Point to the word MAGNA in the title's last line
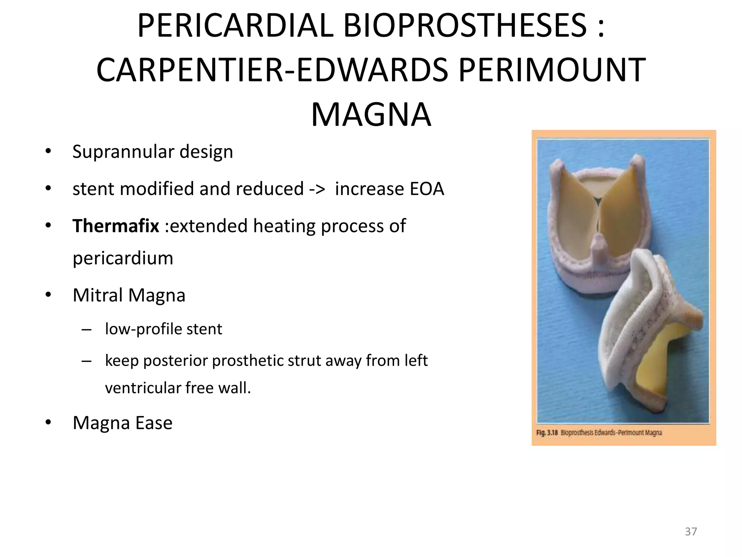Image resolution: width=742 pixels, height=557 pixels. [371, 115]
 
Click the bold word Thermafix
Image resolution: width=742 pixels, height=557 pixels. [116, 226]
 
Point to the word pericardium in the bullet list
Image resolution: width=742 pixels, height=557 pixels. [123, 259]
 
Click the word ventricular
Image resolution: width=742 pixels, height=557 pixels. [142, 388]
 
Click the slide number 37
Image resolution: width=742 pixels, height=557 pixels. [691, 532]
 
